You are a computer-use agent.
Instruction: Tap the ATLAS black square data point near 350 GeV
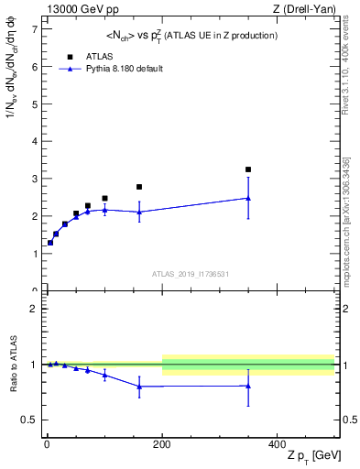pyautogui.click(x=248, y=169)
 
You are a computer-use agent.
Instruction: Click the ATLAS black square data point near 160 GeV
pyautogui.click(x=139, y=187)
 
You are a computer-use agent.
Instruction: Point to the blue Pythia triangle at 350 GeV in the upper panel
pyautogui.click(x=248, y=198)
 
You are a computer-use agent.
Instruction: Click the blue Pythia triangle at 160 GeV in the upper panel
pyautogui.click(x=139, y=212)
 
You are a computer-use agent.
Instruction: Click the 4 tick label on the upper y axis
pyautogui.click(x=34, y=141)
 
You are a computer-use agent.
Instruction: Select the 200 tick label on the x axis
pyautogui.click(x=162, y=444)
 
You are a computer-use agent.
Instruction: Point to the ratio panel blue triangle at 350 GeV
pyautogui.click(x=248, y=387)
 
